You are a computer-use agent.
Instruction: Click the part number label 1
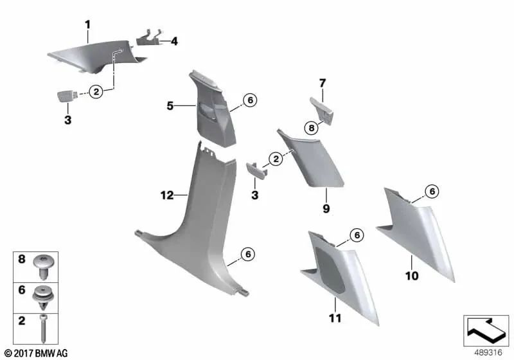point(88,25)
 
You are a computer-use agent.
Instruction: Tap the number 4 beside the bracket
point(174,42)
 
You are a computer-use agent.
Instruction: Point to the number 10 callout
point(412,276)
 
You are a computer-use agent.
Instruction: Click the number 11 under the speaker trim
point(335,318)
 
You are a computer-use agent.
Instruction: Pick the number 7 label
point(323,82)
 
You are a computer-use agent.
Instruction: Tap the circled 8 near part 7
point(310,128)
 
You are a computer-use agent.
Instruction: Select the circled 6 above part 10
point(432,191)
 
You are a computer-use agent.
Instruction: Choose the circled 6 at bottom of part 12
point(247,256)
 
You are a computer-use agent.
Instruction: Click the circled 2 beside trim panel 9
point(275,157)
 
